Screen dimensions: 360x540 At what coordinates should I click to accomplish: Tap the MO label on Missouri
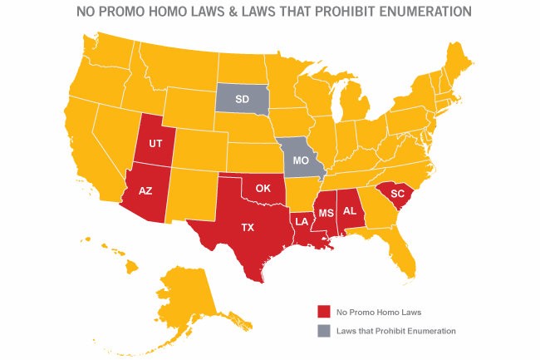302,159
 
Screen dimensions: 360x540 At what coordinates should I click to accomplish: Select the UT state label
155,143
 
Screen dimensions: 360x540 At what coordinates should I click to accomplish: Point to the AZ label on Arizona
145,190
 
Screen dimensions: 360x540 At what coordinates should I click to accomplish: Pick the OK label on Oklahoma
263,188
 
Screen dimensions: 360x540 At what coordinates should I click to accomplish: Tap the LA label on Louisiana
302,222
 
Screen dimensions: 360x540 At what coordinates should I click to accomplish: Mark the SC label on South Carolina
397,193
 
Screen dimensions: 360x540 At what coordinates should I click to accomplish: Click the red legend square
323,312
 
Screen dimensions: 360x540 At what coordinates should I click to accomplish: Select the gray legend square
323,331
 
